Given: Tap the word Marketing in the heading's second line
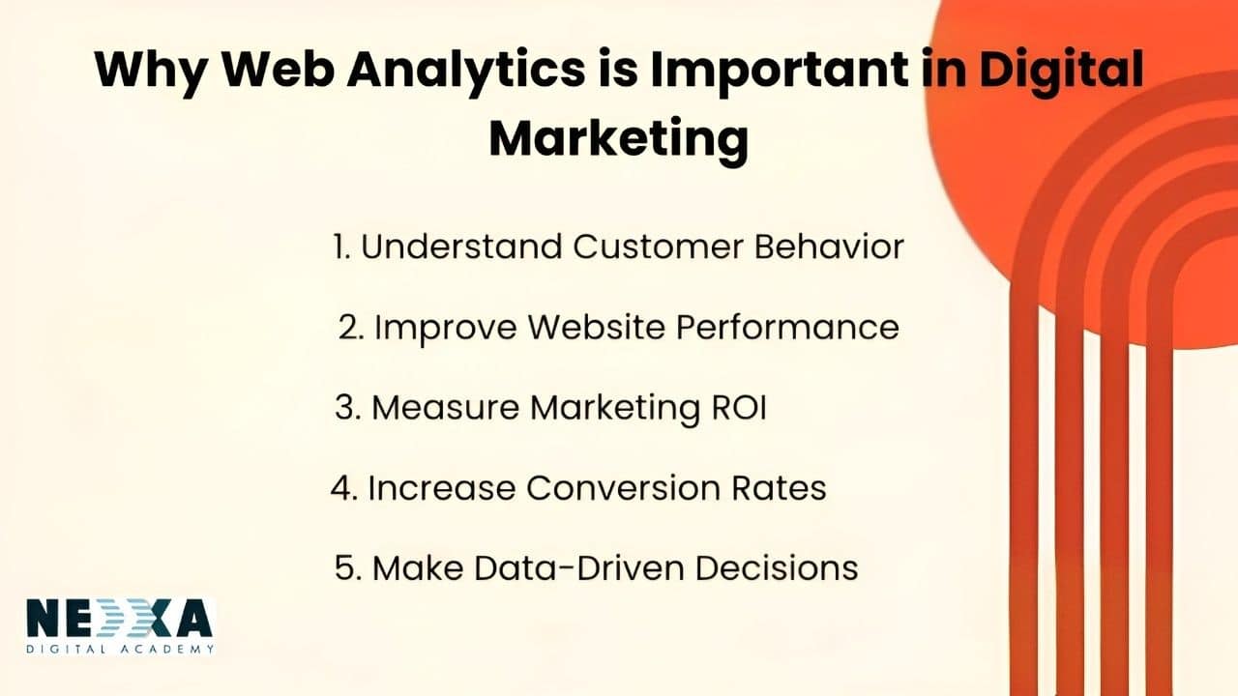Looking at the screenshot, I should coord(618,138).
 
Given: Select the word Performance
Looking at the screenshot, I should coord(786,327).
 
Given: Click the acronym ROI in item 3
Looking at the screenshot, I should coord(733,408).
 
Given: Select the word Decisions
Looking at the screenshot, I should coord(781,567).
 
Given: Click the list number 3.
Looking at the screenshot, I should coord(346,408).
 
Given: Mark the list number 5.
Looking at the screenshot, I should coord(345,567).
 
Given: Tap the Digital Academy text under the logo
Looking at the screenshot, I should coord(120,649).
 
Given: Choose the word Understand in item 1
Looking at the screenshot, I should coord(460,246).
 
